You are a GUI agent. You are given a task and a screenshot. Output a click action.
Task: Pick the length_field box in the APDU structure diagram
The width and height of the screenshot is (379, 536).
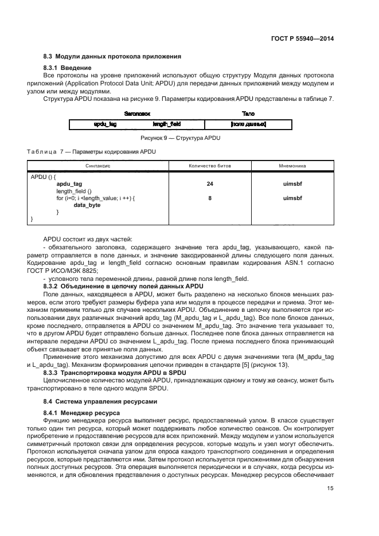point(163,124)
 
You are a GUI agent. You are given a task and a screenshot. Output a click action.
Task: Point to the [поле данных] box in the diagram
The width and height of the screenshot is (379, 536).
point(248,124)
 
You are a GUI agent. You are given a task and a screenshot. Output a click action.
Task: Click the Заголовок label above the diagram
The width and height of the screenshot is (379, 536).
point(136,114)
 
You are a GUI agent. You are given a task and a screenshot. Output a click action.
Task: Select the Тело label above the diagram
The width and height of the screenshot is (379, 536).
point(248,114)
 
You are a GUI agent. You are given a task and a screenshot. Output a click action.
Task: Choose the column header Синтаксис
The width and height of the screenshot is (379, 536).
point(98,166)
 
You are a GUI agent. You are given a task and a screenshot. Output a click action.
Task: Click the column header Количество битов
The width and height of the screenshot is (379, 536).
point(210,166)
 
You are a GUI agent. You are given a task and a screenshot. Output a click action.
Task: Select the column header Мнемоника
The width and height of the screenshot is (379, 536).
point(292,166)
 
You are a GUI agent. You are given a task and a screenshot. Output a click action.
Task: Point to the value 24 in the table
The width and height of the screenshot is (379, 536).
point(210,184)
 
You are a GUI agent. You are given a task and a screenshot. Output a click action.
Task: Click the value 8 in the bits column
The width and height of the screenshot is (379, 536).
point(210,198)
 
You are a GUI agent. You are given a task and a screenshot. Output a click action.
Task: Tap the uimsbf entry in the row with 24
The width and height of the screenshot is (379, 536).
point(292,184)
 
